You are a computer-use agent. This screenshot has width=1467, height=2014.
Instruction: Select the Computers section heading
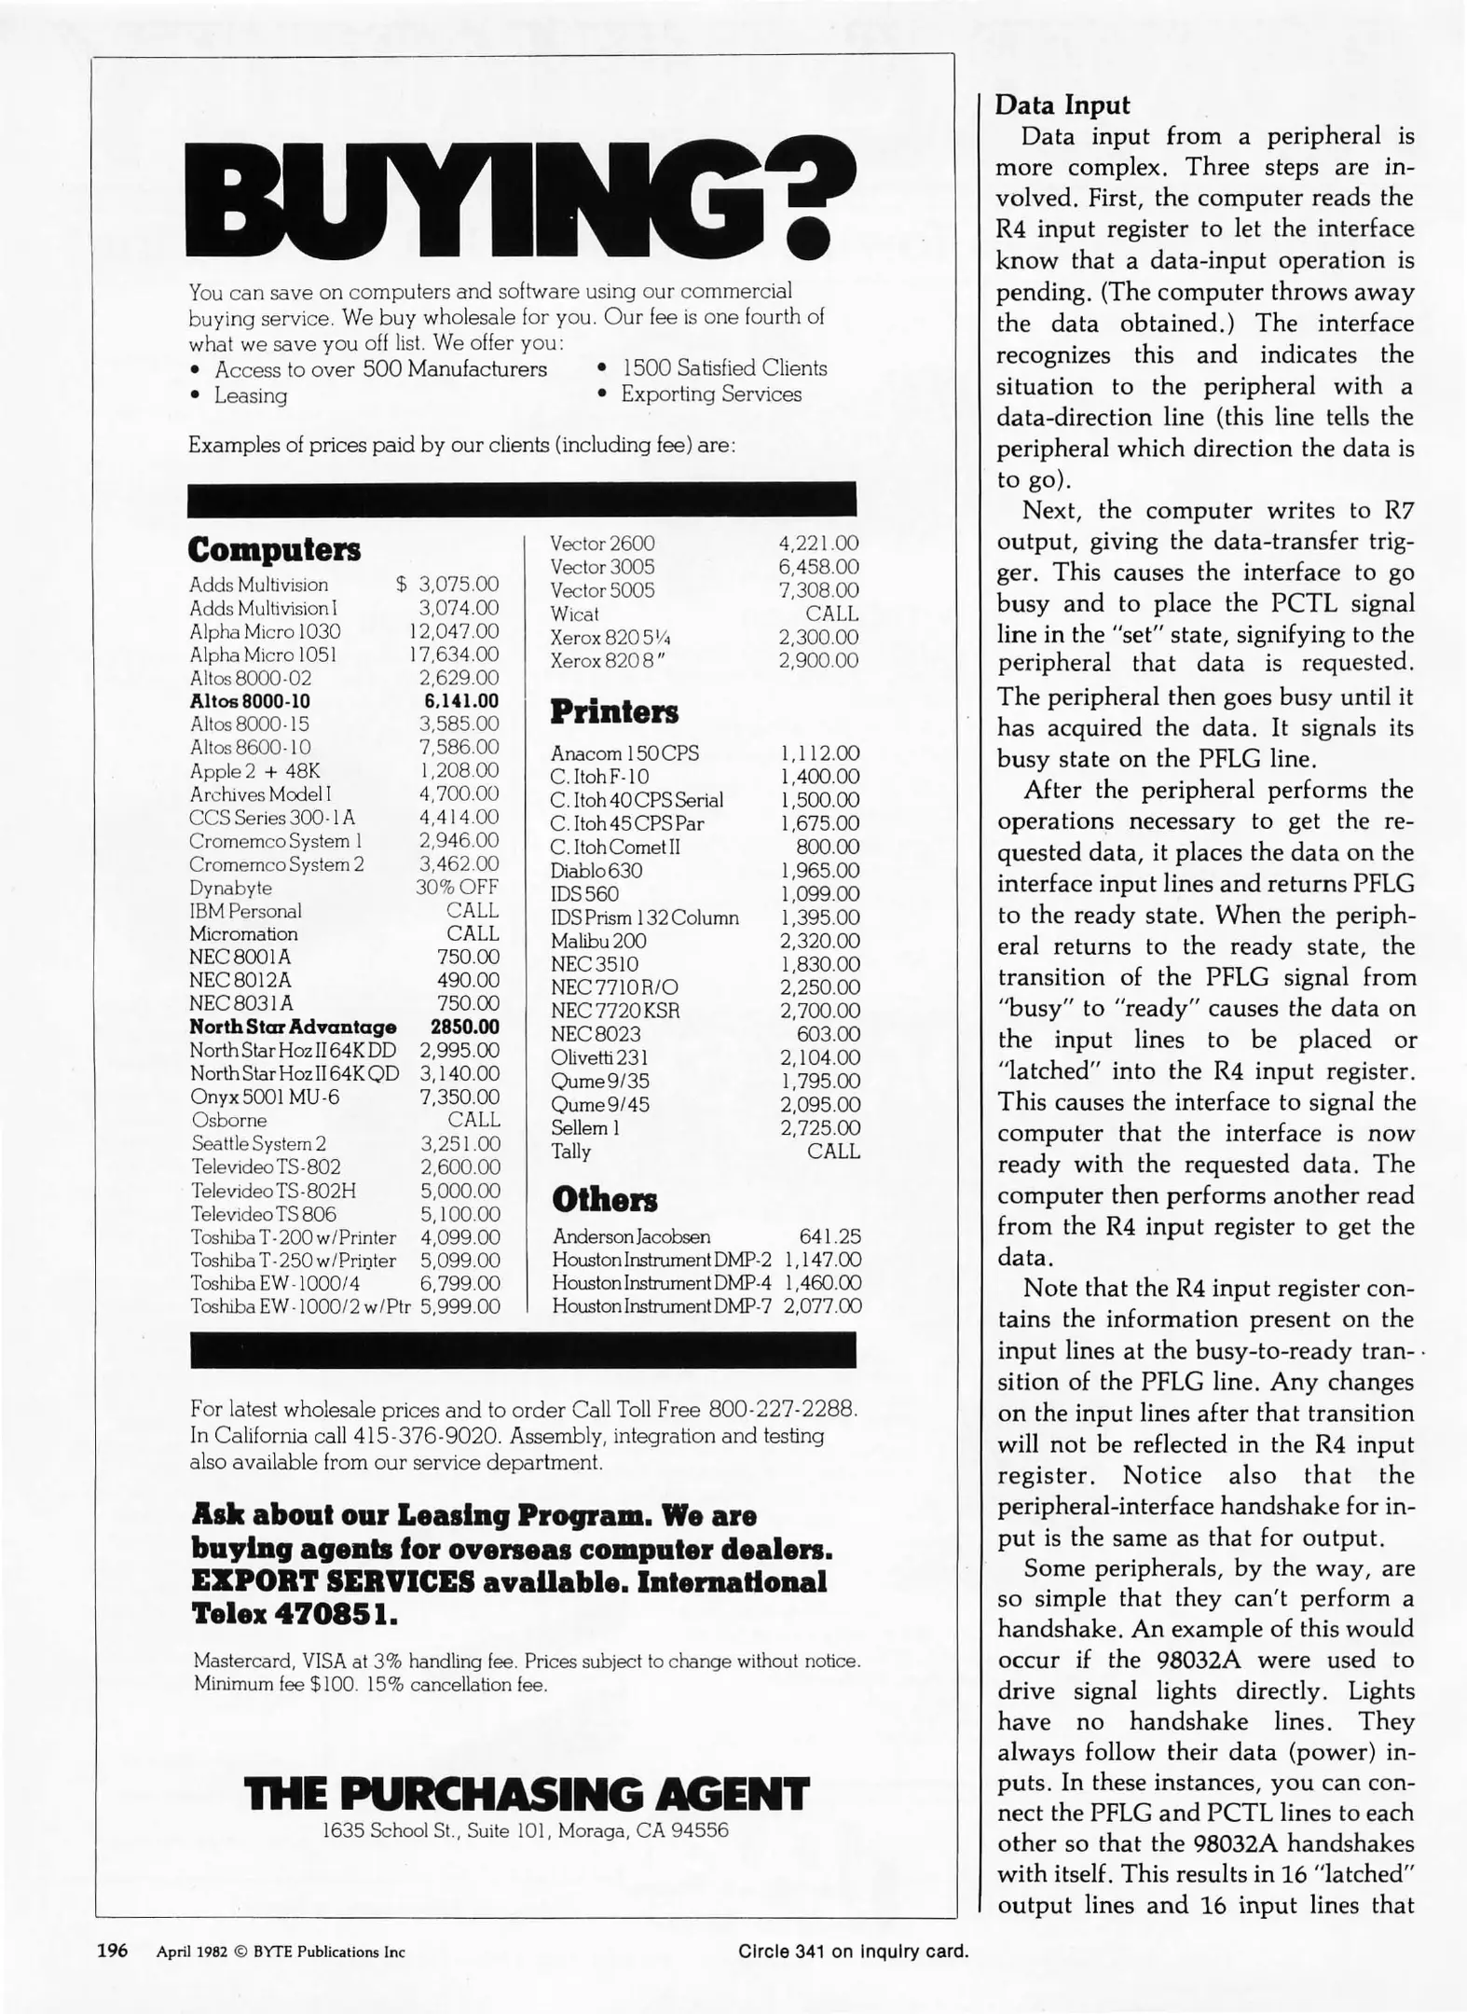point(274,549)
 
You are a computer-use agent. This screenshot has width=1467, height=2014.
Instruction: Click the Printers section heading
point(614,712)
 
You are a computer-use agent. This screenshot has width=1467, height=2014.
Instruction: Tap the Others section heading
point(604,1199)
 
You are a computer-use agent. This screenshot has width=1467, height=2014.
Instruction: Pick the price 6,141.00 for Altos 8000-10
point(461,701)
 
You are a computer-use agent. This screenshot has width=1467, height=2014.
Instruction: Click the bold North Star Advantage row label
point(293,1027)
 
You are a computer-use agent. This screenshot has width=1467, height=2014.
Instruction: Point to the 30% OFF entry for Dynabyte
point(457,887)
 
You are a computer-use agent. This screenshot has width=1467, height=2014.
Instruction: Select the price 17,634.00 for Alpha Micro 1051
point(455,655)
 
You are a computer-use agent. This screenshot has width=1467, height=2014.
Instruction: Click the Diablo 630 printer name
point(596,871)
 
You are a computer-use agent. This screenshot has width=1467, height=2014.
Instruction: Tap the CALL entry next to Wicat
point(832,614)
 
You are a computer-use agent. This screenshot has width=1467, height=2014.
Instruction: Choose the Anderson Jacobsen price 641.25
point(829,1236)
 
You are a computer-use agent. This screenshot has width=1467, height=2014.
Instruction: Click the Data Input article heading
point(1062,104)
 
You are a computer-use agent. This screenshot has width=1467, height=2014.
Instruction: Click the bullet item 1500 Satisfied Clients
point(724,368)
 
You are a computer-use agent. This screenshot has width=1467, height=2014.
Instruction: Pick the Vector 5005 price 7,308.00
point(818,590)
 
